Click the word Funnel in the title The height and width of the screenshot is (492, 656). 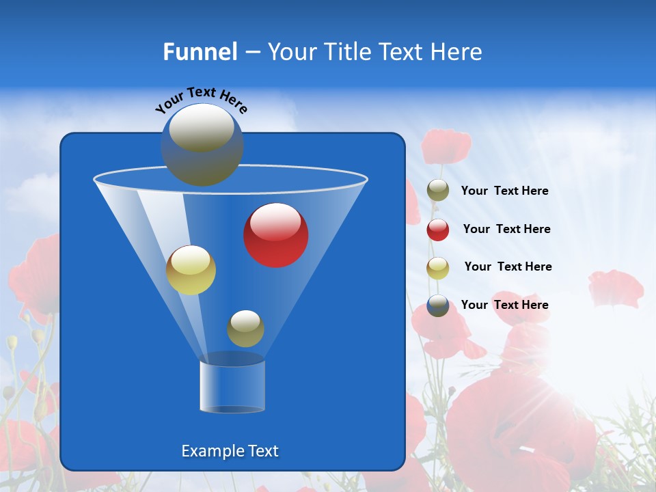coord(200,52)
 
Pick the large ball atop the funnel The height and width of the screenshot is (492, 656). coord(202,144)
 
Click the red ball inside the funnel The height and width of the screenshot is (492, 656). coord(276,235)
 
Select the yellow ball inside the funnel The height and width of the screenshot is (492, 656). coord(191,270)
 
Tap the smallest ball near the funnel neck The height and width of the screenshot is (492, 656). coord(245,328)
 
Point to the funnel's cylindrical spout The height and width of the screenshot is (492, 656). coord(232,386)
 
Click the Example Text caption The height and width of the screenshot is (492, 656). coord(230,451)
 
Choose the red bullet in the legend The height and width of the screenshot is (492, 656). coord(438,230)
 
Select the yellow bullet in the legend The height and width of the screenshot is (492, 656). coord(438,268)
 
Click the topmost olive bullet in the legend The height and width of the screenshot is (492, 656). coord(438,191)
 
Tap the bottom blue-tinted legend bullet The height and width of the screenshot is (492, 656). coord(438,305)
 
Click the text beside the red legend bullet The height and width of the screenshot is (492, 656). coord(506,229)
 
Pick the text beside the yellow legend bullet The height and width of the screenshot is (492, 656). coord(508,266)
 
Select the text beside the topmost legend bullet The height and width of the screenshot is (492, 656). coord(504,191)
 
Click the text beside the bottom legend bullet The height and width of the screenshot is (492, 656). coord(504,305)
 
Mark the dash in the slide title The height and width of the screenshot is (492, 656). coord(252,53)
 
